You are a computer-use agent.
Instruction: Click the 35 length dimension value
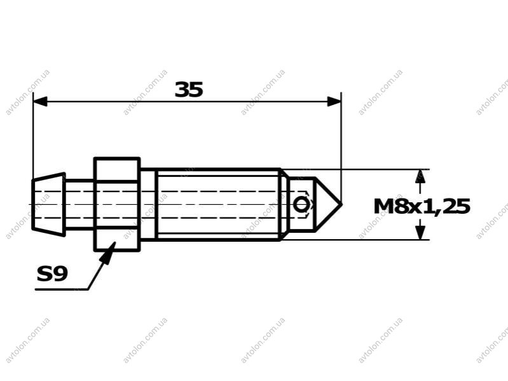(189, 90)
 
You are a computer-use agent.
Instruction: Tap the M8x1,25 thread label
(422, 207)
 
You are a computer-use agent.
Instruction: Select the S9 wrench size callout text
(52, 274)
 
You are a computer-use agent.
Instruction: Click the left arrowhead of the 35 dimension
(40, 101)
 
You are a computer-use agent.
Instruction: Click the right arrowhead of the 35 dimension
(334, 101)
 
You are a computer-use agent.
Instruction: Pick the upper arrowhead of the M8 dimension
(420, 177)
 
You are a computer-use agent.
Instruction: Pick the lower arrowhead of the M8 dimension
(420, 232)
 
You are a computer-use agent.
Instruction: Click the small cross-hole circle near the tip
(301, 205)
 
